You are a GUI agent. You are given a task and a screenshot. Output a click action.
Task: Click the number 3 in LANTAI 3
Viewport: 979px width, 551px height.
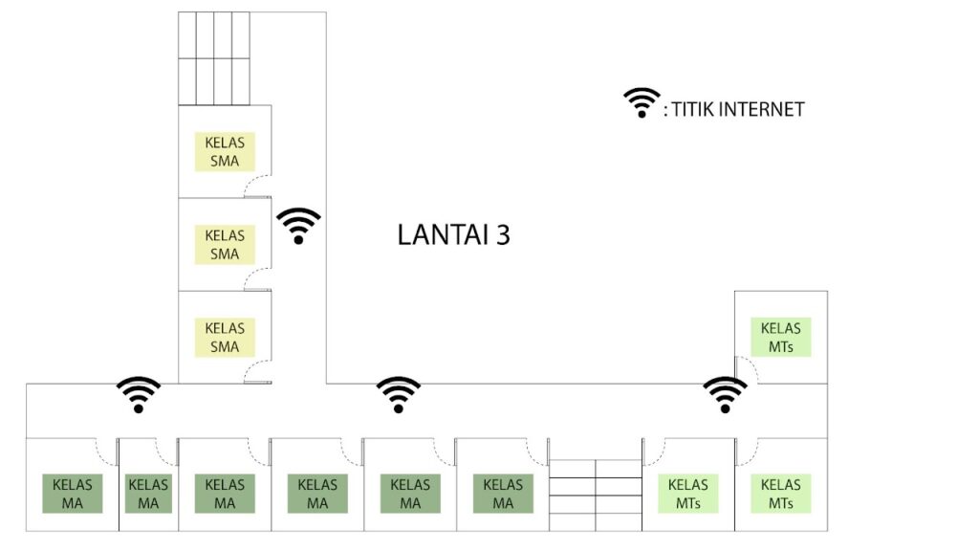pos(503,235)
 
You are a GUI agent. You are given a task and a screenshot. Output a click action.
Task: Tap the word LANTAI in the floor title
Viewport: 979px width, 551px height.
pos(443,235)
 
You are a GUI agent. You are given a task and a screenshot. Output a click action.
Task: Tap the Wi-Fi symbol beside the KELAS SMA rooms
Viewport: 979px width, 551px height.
pos(298,226)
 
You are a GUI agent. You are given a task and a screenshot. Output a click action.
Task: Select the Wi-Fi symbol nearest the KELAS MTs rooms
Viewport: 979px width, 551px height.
pos(725,395)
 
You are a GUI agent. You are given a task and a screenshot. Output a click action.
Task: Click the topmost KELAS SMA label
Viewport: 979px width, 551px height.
pos(225,152)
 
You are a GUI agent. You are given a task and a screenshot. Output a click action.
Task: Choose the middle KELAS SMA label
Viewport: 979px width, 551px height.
pos(225,245)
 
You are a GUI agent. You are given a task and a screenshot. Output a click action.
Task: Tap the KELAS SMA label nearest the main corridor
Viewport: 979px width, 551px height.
pos(225,338)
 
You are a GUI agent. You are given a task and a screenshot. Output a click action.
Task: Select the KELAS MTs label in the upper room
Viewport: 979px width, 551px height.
pos(780,338)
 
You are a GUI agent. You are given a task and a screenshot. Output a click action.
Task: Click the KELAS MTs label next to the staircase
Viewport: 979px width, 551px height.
pos(688,494)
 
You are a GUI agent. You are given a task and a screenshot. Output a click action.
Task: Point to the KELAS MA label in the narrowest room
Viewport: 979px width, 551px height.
pos(148,494)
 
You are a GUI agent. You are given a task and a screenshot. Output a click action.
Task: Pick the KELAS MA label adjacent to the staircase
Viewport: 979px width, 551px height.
pos(503,494)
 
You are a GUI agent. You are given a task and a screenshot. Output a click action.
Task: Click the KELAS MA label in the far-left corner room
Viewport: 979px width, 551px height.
pos(73,494)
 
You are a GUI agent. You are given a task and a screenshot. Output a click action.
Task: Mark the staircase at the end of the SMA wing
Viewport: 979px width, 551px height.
pos(214,58)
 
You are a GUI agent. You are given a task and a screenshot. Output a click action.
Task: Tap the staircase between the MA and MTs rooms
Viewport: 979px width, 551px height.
pos(596,496)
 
